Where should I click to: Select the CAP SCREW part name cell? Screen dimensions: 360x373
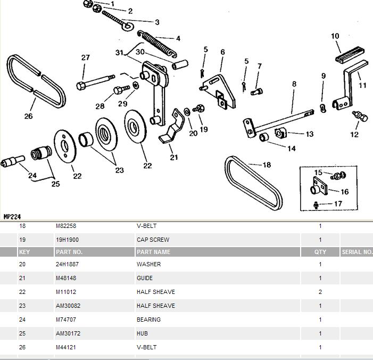pyautogui.click(x=153, y=240)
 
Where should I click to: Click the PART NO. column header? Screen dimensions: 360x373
pyautogui.click(x=69, y=252)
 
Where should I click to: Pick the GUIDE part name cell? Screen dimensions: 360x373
pyautogui.click(x=145, y=278)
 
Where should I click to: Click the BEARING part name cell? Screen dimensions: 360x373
pyautogui.click(x=148, y=320)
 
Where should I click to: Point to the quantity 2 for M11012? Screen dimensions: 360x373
pyautogui.click(x=320, y=292)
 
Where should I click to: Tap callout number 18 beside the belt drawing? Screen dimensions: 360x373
pyautogui.click(x=267, y=165)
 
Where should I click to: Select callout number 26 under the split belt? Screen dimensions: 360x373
pyautogui.click(x=28, y=116)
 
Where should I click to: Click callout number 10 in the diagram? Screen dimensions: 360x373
pyautogui.click(x=335, y=36)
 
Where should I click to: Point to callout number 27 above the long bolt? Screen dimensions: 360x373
pyautogui.click(x=86, y=58)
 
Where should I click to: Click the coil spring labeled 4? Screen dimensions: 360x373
pyautogui.click(x=158, y=43)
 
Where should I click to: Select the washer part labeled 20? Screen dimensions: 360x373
pyautogui.click(x=187, y=112)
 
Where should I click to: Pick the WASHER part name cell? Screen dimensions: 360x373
pyautogui.click(x=148, y=264)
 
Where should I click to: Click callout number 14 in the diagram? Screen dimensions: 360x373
pyautogui.click(x=292, y=149)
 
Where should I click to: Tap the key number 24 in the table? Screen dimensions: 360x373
pyautogui.click(x=22, y=320)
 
